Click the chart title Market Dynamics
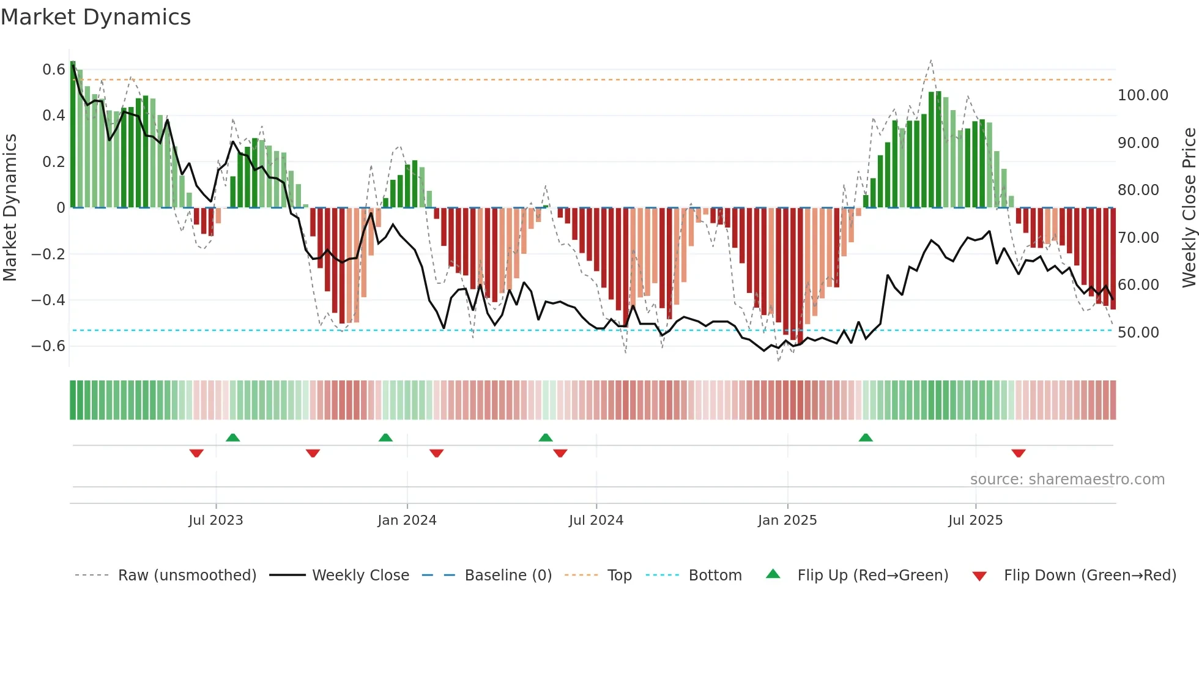[x=95, y=17]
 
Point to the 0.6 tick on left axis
[x=54, y=70]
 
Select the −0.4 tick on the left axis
[x=48, y=300]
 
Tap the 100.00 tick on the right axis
[x=1143, y=95]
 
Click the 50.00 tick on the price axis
[x=1138, y=333]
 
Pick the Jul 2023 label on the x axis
[x=215, y=520]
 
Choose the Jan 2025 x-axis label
[x=787, y=520]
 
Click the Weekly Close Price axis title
[x=1189, y=207]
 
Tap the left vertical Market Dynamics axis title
[x=10, y=207]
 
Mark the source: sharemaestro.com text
[x=1067, y=480]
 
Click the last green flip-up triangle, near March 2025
[x=866, y=438]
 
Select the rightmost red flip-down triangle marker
[x=1019, y=453]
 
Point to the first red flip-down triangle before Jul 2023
[x=196, y=453]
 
